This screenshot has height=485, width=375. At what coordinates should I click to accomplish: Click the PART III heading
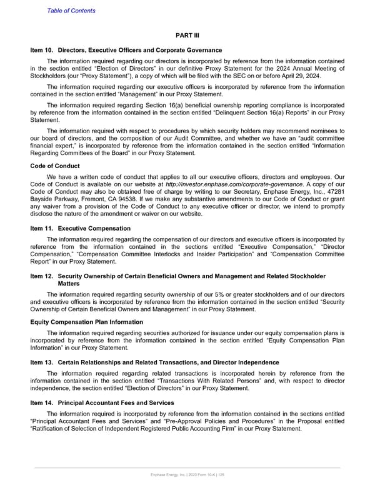(187, 36)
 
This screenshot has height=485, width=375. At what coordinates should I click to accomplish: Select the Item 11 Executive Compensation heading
(81, 229)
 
